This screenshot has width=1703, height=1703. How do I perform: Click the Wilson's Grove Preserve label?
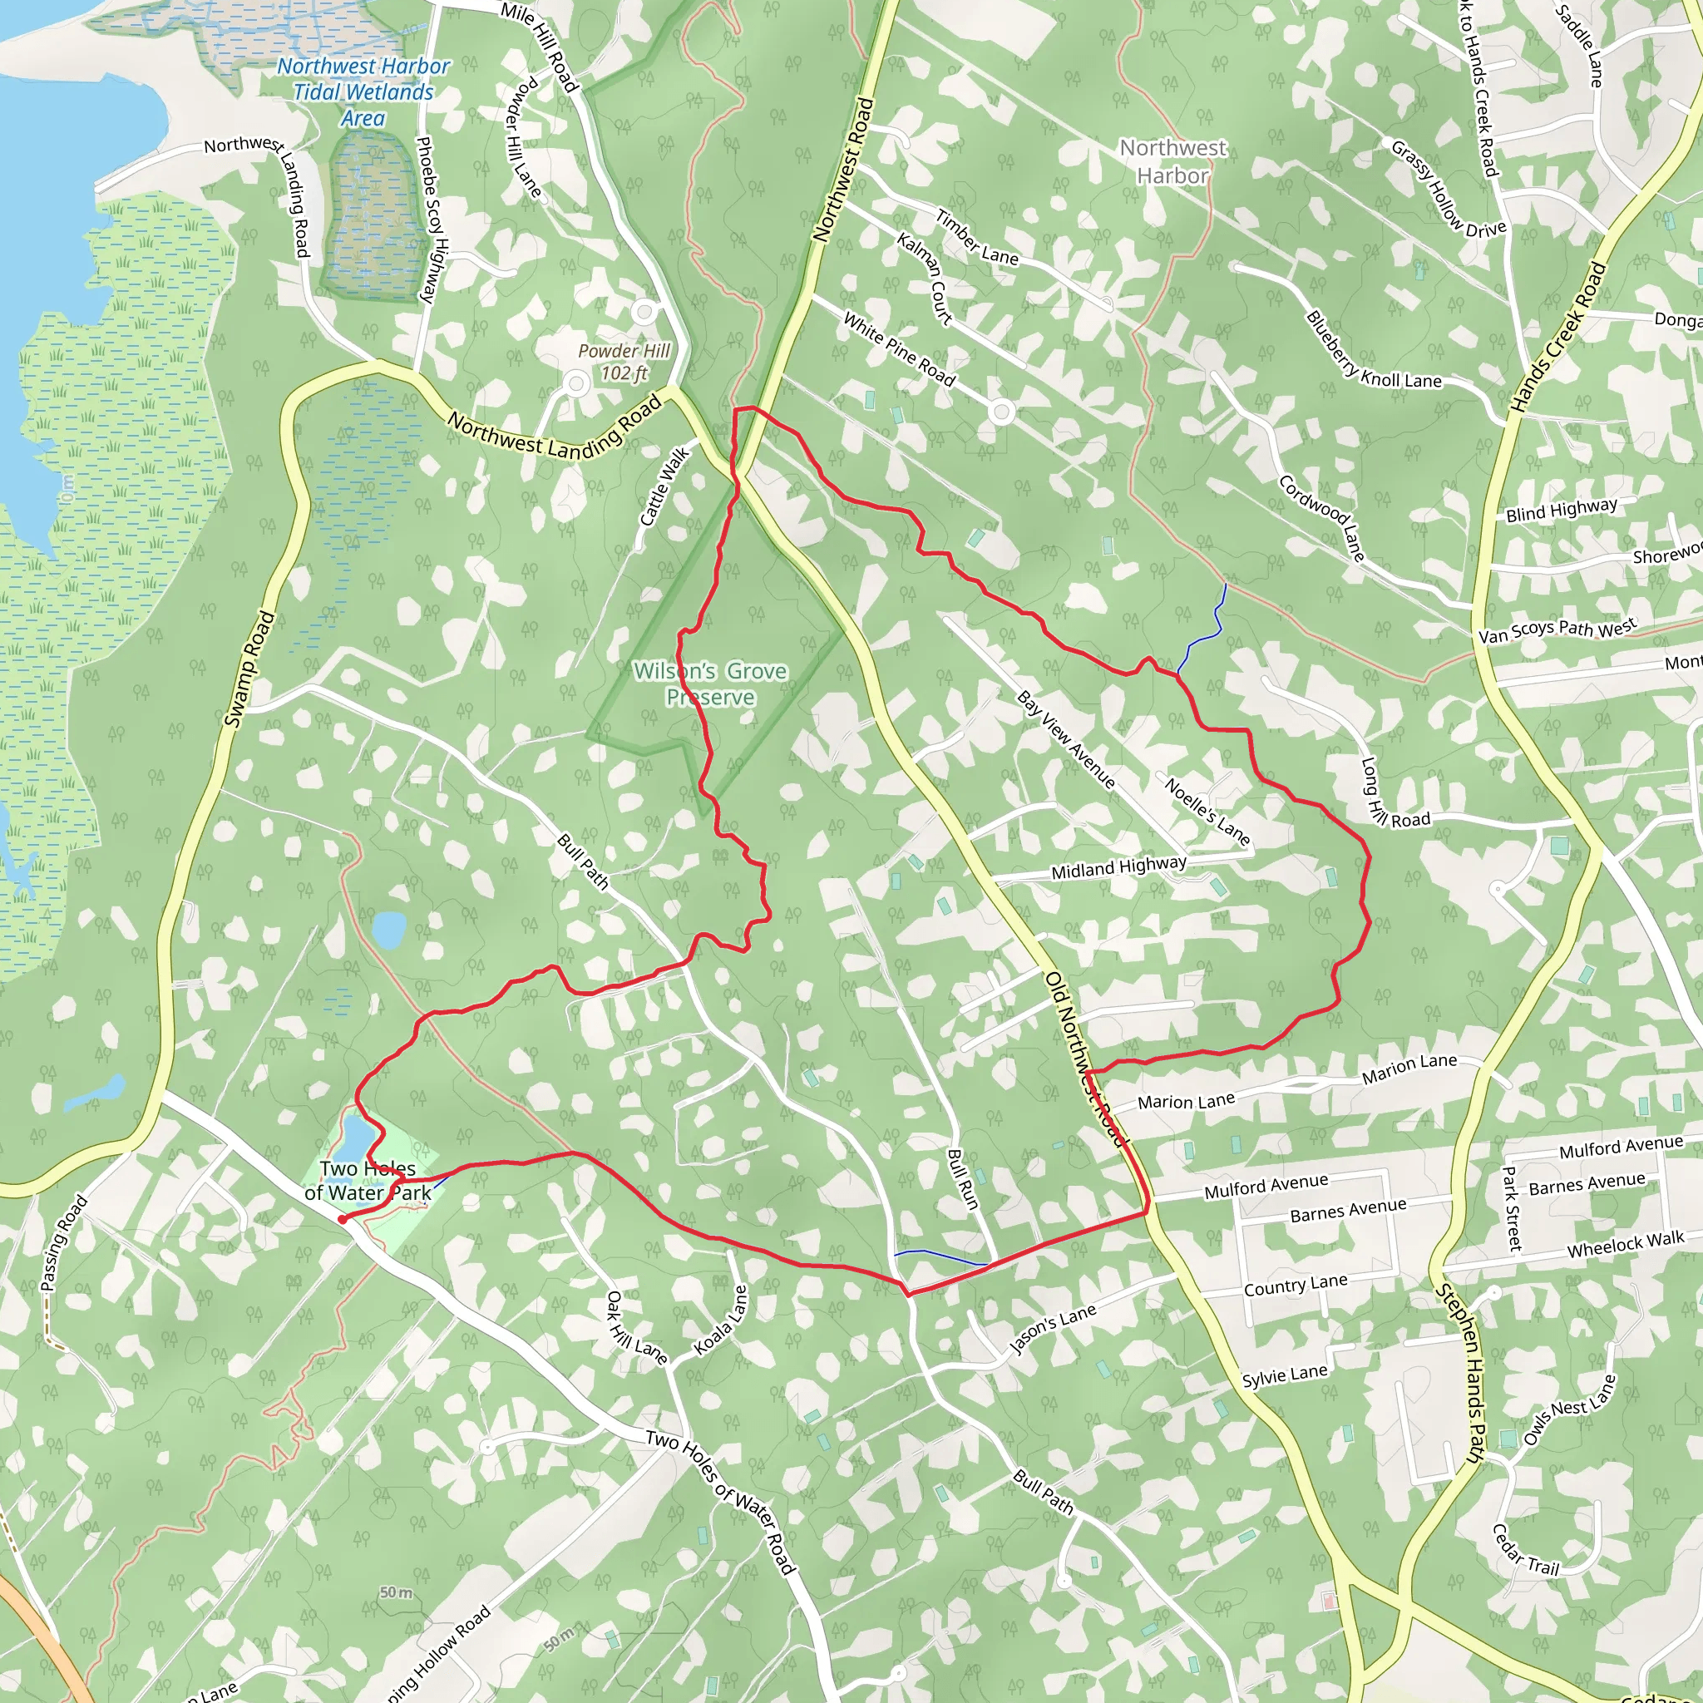[x=709, y=684]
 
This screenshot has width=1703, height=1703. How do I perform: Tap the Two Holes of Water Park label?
[x=368, y=1181]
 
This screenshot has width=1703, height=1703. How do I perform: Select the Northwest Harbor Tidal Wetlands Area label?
[x=363, y=91]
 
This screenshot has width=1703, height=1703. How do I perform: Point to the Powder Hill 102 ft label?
[x=624, y=362]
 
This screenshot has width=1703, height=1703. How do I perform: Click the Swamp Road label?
[x=249, y=669]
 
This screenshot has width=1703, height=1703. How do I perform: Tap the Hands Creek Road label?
[x=1558, y=338]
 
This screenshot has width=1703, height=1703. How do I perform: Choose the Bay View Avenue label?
[x=1067, y=738]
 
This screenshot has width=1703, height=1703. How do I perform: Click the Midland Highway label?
[x=1118, y=867]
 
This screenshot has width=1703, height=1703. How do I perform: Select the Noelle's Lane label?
[x=1207, y=811]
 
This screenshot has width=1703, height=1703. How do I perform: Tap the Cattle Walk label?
[x=664, y=487]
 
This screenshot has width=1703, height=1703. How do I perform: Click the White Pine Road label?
[x=899, y=350]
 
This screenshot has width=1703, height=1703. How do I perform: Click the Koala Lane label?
[x=721, y=1320]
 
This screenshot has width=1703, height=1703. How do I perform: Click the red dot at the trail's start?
[x=342, y=1219]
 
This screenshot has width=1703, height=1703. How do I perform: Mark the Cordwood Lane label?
[x=1322, y=518]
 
